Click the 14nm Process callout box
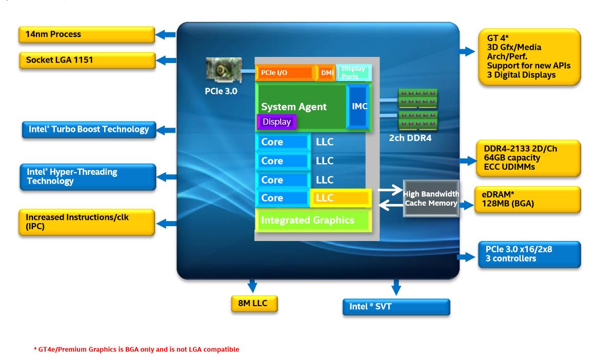(x=87, y=35)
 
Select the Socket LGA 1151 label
(x=87, y=61)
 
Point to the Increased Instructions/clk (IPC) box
(x=87, y=222)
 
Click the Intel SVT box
(x=395, y=307)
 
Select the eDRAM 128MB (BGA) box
(x=528, y=199)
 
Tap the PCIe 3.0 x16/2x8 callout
(x=529, y=254)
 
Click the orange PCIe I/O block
(x=285, y=73)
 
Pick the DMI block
(x=327, y=73)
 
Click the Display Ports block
(x=353, y=72)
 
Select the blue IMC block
(x=359, y=107)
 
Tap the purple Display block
(x=276, y=122)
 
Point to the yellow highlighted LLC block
(x=340, y=198)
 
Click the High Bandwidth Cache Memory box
(x=430, y=198)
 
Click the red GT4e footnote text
(x=136, y=350)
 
